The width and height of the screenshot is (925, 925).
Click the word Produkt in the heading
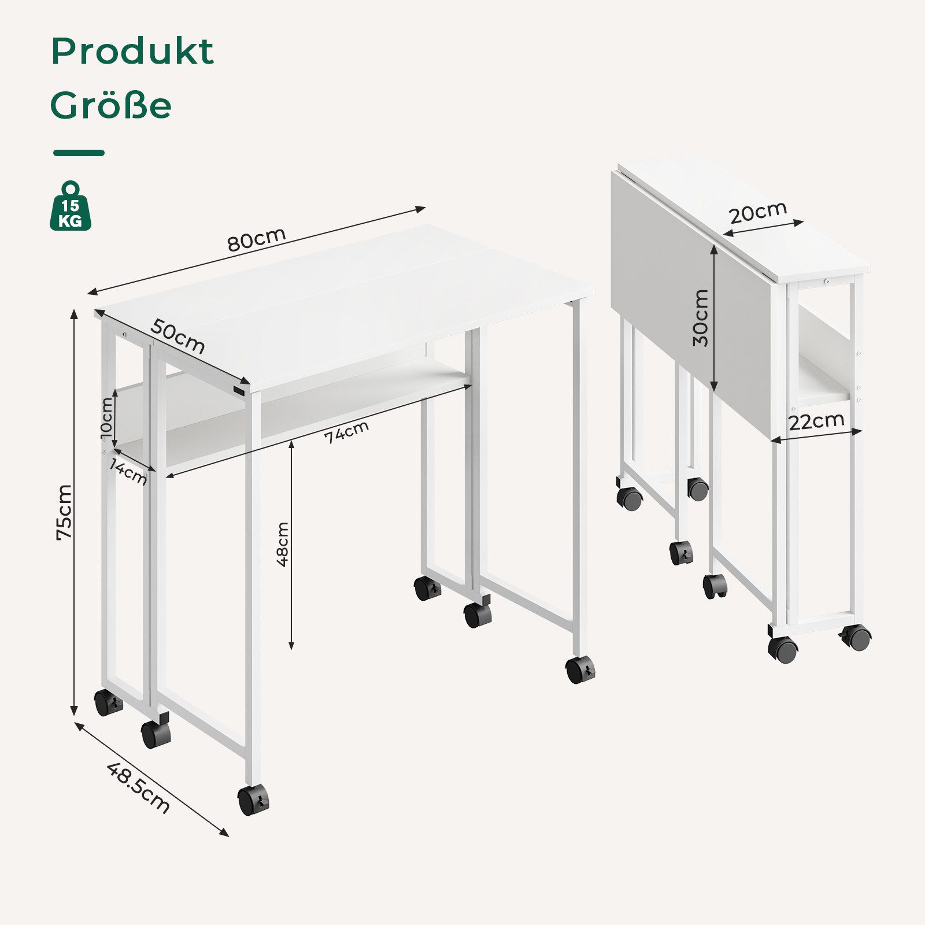[x=132, y=51]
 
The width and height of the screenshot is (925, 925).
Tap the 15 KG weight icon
[x=71, y=206]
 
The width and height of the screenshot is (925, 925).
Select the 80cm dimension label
[x=256, y=239]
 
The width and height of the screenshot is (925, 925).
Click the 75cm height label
[x=64, y=512]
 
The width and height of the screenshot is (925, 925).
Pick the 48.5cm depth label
[x=139, y=787]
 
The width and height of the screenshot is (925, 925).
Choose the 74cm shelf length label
[x=346, y=432]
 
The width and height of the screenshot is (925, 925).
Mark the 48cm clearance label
[x=282, y=544]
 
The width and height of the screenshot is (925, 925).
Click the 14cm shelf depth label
[x=129, y=472]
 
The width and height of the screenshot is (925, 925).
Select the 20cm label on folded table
[x=758, y=212]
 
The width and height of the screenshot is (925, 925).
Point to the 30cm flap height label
[x=700, y=318]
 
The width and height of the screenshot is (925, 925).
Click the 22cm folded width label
[x=816, y=421]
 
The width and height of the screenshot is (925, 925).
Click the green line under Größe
[x=79, y=153]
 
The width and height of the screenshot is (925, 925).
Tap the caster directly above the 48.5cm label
[x=156, y=732]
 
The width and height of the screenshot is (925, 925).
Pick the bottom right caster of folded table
[x=856, y=638]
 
